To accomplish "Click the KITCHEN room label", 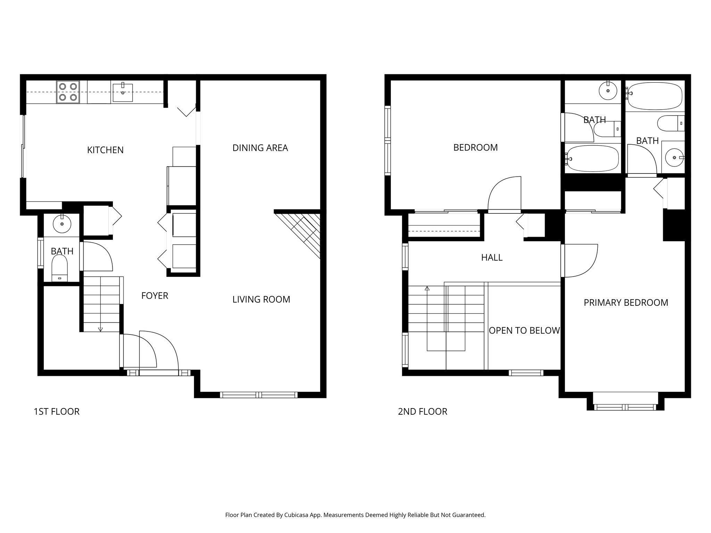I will click(x=105, y=150).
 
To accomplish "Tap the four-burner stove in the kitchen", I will click(x=68, y=92).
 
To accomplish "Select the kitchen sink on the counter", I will click(x=123, y=92).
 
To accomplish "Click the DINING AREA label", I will click(x=260, y=148).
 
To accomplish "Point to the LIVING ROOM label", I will click(x=261, y=299).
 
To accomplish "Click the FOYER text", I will click(x=154, y=296).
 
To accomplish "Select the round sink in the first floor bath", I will click(x=62, y=223).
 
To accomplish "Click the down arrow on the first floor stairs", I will click(x=100, y=329).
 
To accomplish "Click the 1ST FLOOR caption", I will click(x=57, y=412).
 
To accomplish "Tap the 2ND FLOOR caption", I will click(x=423, y=412).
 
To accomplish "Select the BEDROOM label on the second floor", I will click(x=475, y=147).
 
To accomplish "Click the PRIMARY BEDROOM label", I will click(x=626, y=303).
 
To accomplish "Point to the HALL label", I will click(x=492, y=257).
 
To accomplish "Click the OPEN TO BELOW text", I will click(x=524, y=330).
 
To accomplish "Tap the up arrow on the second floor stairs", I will click(x=427, y=288).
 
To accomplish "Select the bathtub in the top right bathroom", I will click(x=655, y=96).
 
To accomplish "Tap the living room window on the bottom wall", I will click(x=259, y=395).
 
